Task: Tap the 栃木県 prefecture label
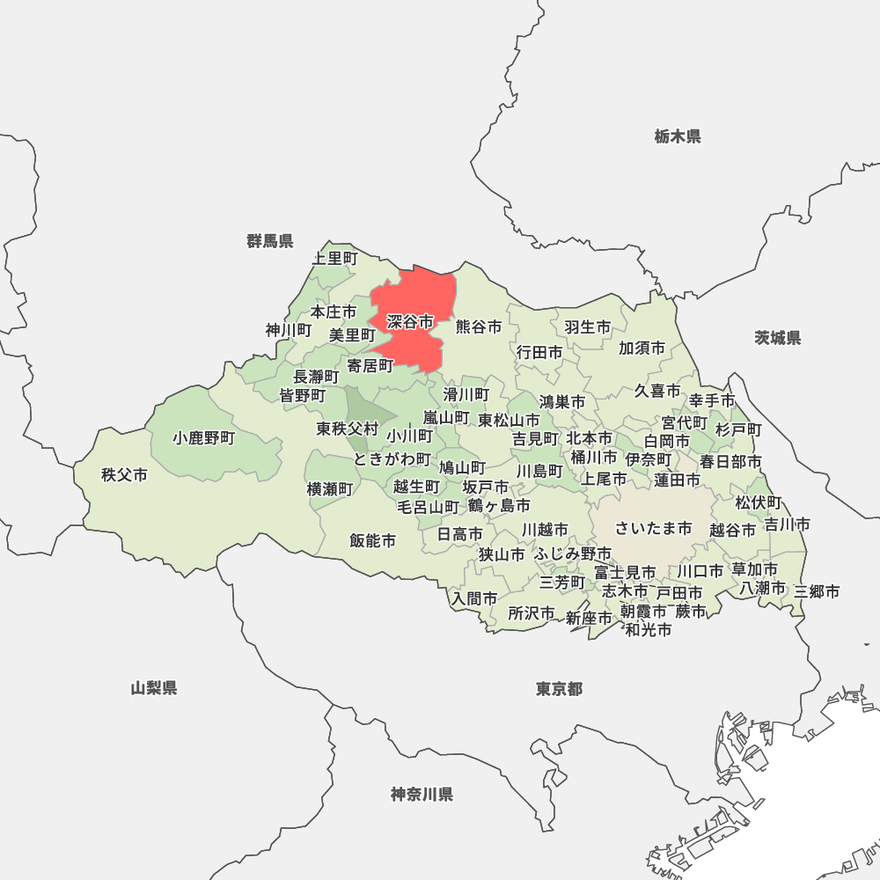(678, 136)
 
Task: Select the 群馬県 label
(270, 241)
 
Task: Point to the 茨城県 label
(778, 338)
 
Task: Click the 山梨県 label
(154, 688)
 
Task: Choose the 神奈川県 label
(422, 795)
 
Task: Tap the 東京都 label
(559, 688)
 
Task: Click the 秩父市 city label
(124, 475)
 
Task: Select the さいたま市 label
(654, 528)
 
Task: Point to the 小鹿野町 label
(204, 437)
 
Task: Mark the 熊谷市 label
(479, 326)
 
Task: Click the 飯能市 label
(372, 540)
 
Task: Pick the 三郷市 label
(817, 591)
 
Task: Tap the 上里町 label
(335, 258)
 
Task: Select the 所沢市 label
(532, 612)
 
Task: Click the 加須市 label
(642, 348)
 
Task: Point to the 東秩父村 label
(348, 429)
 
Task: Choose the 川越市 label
(545, 530)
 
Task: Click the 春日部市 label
(730, 461)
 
